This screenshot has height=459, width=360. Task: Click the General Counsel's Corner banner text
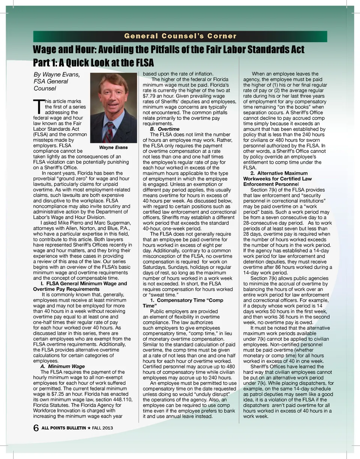(180, 36)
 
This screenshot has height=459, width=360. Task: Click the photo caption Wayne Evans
(113, 148)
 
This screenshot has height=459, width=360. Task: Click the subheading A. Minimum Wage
(62, 366)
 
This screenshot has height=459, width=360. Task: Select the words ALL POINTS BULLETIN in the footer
(63, 428)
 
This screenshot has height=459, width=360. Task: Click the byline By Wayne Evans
(56, 74)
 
